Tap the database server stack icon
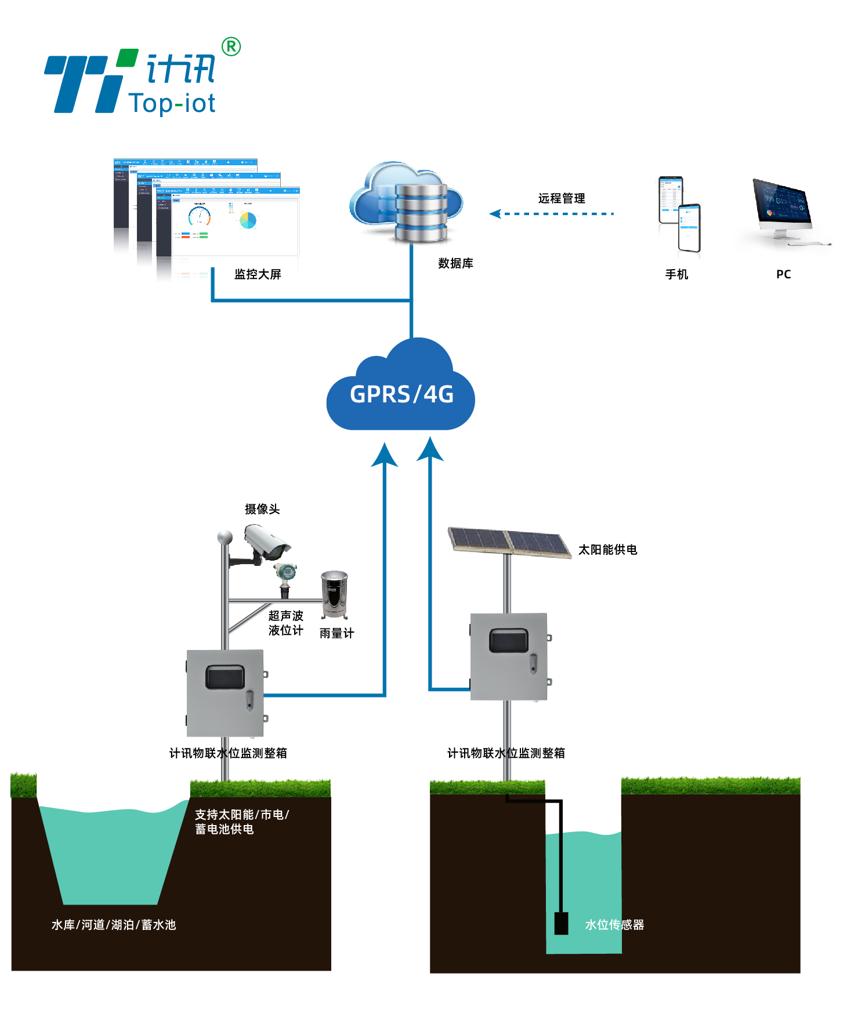click(x=421, y=212)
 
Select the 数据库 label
click(x=455, y=263)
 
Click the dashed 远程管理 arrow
click(x=551, y=213)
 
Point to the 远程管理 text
click(x=561, y=198)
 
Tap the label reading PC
click(x=783, y=274)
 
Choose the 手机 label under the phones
click(x=676, y=274)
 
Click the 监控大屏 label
click(x=258, y=274)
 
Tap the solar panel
click(x=509, y=542)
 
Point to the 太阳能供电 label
click(x=607, y=549)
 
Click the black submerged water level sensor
click(x=561, y=923)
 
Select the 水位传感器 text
click(x=614, y=925)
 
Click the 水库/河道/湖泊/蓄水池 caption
click(x=114, y=925)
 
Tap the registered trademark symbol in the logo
click(x=231, y=46)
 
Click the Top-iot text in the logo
click(x=172, y=104)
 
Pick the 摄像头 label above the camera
click(x=262, y=509)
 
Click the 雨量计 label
click(x=336, y=633)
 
